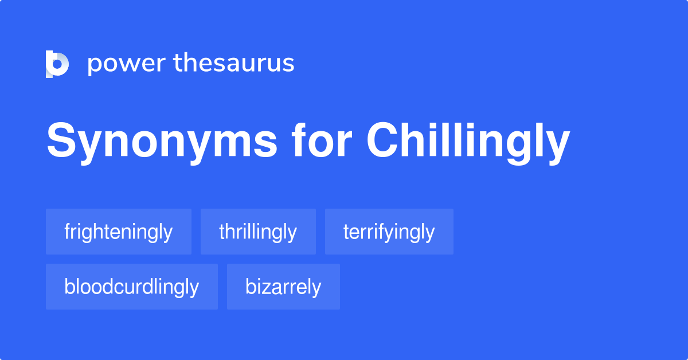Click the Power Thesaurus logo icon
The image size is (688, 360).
[x=57, y=64]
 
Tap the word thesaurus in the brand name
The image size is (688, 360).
[x=234, y=63]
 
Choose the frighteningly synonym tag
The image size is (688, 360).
[x=119, y=232]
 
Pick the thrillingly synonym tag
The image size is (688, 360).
[x=258, y=232]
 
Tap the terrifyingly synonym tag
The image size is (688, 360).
[x=389, y=232]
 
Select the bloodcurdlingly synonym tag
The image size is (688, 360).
[x=132, y=287]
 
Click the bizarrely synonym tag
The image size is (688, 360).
[x=283, y=287]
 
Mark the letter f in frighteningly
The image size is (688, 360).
[x=67, y=231]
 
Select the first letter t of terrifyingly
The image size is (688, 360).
[x=346, y=232]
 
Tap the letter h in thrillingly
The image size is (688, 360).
[x=229, y=231]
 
